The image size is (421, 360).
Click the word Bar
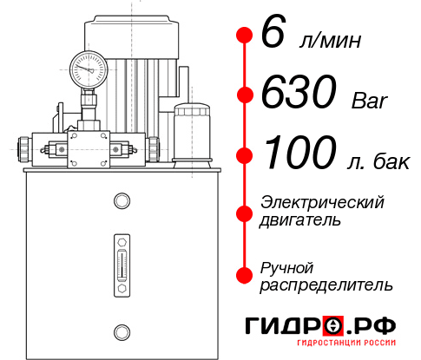(x=371, y=101)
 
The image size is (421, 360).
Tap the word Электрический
(x=322, y=202)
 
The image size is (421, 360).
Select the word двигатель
(x=300, y=220)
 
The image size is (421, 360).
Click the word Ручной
(x=286, y=266)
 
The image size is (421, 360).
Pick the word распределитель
(x=326, y=285)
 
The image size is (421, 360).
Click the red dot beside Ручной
(x=243, y=274)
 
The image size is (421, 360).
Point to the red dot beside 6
(x=243, y=35)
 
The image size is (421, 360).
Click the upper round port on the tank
(x=121, y=201)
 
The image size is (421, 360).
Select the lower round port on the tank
(x=121, y=331)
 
